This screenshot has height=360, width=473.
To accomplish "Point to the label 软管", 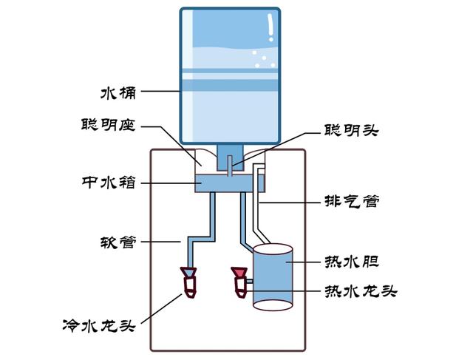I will point(119,242).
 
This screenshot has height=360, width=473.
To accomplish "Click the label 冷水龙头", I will point(97,324).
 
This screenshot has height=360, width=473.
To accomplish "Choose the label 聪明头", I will point(351,130).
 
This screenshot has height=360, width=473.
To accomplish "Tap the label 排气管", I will point(353,200).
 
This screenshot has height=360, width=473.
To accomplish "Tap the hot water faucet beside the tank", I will point(240,282).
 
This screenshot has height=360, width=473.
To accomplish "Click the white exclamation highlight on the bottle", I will point(271,28).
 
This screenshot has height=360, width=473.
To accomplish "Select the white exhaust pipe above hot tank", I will point(256,207).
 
